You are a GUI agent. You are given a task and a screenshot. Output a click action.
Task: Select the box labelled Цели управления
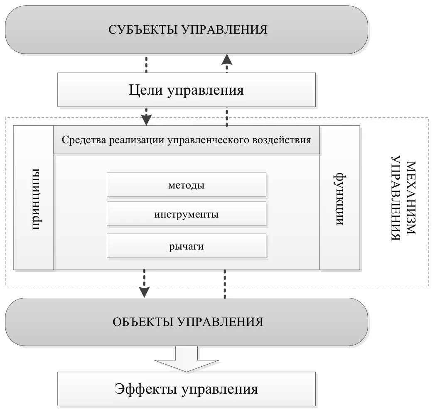186,90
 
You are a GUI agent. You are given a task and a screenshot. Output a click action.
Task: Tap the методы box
186,185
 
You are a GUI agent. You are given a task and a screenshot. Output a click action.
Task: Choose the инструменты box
186,215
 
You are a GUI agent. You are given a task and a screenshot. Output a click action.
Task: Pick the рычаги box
186,246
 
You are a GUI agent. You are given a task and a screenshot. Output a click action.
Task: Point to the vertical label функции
339,199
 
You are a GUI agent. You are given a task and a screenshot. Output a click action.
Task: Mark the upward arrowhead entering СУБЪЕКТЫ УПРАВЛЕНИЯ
227,59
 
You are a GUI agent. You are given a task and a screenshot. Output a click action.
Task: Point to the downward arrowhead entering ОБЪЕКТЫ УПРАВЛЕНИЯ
144,292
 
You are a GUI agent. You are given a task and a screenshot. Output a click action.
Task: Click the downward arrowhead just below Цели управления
146,120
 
